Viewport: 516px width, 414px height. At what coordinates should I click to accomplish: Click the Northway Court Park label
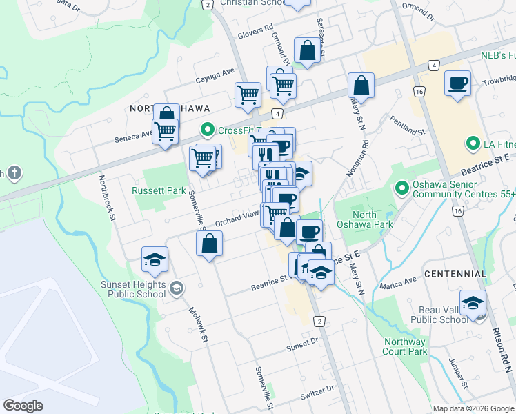coord(404,346)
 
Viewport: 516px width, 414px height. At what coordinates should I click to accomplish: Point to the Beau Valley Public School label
coord(439,315)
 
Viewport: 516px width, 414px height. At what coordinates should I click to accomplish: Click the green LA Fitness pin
coord(473,144)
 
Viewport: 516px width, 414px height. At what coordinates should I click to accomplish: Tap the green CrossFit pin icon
coord(206,130)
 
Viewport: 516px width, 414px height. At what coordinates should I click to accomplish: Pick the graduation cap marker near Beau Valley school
coord(473,304)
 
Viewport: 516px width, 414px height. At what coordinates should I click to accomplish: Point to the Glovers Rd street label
coord(254,29)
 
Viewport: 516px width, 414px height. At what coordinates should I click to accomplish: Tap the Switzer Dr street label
coord(317,397)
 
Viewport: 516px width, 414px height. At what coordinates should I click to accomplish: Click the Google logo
coord(23,406)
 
